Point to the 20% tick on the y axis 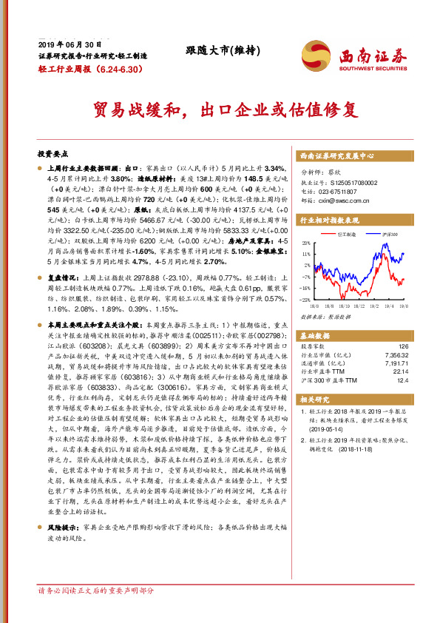tap(306, 242)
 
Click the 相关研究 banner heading tap(314, 400)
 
